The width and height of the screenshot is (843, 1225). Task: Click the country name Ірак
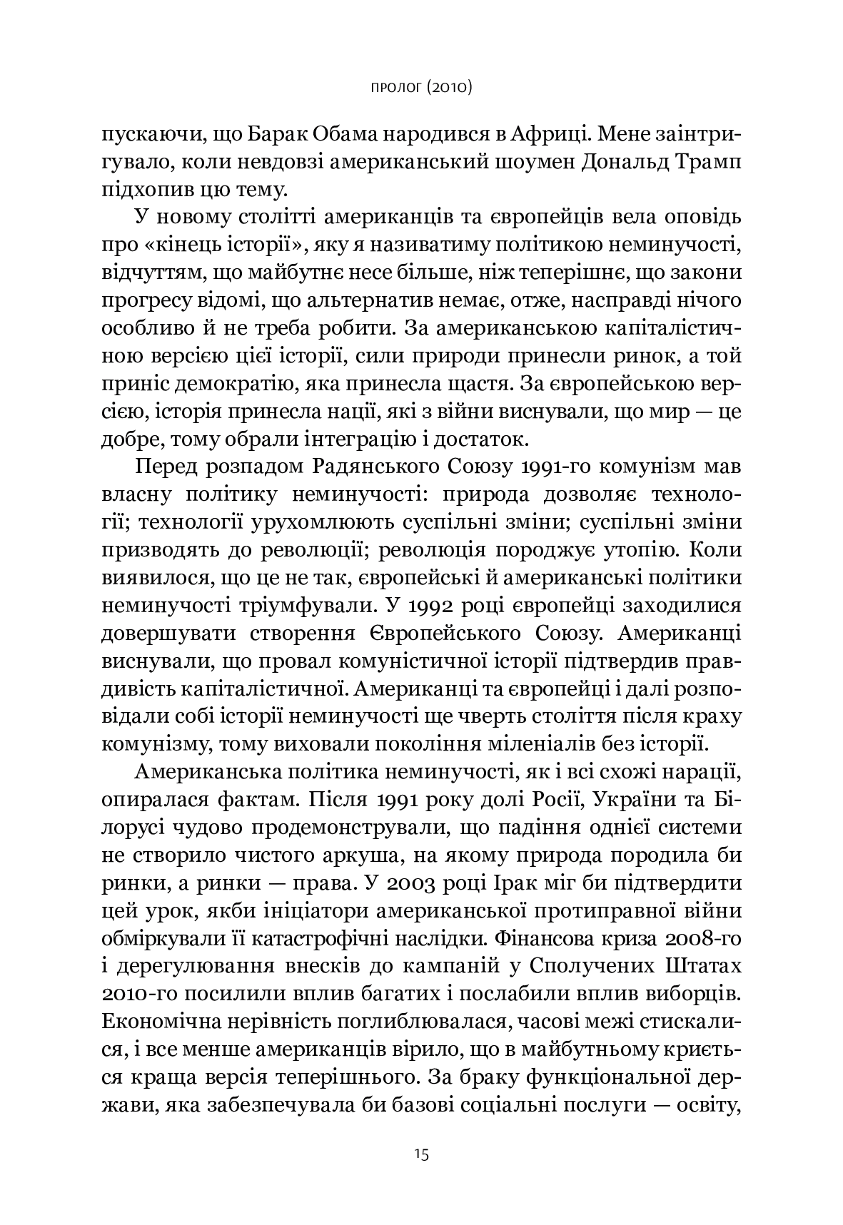tap(520, 882)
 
